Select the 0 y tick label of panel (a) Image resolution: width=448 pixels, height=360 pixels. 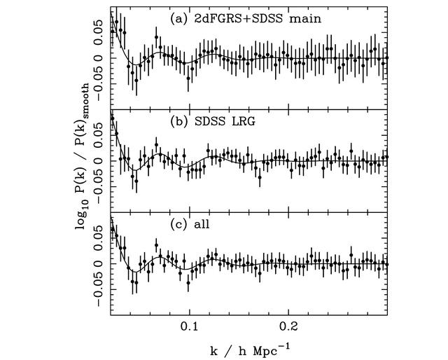(x=98, y=58)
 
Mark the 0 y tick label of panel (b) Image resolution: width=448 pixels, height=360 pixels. (x=98, y=161)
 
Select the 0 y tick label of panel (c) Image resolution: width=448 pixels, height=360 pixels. (x=98, y=264)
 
